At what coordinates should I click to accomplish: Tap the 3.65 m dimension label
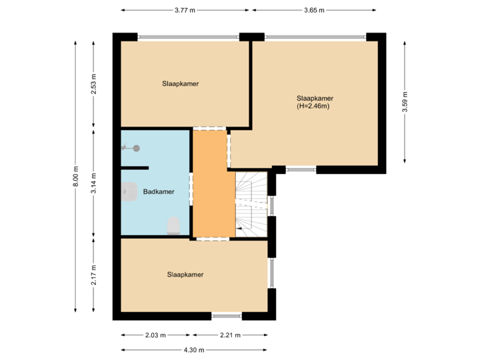pyautogui.click(x=314, y=10)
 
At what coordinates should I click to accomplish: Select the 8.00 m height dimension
pyautogui.click(x=75, y=177)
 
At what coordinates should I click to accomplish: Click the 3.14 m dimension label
pyautogui.click(x=94, y=181)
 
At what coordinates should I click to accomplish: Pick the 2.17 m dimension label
pyautogui.click(x=94, y=274)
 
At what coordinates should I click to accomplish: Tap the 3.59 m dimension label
pyautogui.click(x=405, y=102)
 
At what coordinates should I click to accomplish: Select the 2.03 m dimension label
pyautogui.click(x=155, y=335)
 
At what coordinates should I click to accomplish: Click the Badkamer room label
pyautogui.click(x=159, y=192)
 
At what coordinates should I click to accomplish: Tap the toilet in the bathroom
pyautogui.click(x=173, y=225)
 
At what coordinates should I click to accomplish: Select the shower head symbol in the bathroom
pyautogui.click(x=135, y=148)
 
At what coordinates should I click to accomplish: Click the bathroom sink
pyautogui.click(x=128, y=192)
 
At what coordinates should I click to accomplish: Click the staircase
pyautogui.click(x=251, y=203)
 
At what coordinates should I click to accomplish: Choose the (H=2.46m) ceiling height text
pyautogui.click(x=315, y=106)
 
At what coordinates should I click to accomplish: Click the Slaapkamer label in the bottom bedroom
pyautogui.click(x=185, y=274)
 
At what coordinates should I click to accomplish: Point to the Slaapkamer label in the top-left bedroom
pyautogui.click(x=181, y=84)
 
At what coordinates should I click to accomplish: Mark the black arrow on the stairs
pyautogui.click(x=239, y=229)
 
